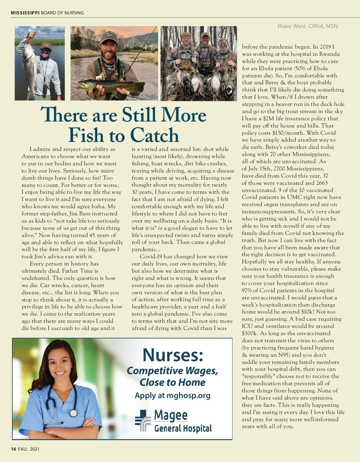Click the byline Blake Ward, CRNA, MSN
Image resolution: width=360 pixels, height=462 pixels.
click(x=307, y=26)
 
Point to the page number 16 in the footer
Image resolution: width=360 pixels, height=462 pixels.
click(x=13, y=449)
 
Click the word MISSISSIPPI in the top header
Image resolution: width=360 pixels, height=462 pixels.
click(x=25, y=13)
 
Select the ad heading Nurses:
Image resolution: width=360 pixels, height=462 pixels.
click(x=173, y=355)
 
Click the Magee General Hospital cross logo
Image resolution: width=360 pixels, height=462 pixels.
click(x=142, y=420)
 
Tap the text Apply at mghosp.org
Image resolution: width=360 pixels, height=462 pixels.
click(x=172, y=395)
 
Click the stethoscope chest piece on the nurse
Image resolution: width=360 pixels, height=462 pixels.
click(x=73, y=413)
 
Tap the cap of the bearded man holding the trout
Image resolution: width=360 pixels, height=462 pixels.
click(x=109, y=37)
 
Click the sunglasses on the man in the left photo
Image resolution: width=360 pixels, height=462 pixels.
click(x=45, y=49)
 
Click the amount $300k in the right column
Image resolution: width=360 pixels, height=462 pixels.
click(x=250, y=333)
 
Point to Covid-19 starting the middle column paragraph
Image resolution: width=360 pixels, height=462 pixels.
click(x=151, y=256)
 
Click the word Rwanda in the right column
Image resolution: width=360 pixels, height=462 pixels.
click(x=329, y=54)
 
